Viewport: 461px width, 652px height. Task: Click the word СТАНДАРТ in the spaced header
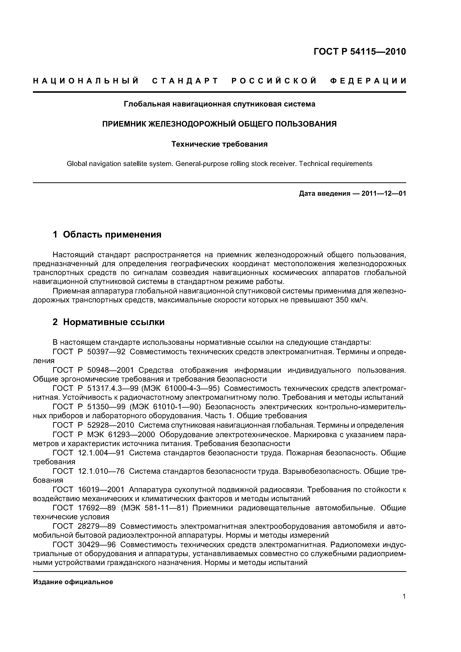pos(185,81)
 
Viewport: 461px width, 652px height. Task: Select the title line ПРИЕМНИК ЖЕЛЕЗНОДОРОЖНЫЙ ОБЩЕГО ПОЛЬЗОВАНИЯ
pos(219,124)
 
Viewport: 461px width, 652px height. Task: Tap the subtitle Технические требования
pos(219,144)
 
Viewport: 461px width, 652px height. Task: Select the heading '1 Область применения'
pos(107,235)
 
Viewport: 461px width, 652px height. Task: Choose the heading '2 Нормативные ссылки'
pos(109,322)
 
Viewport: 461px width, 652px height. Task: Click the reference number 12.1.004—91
pos(101,453)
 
